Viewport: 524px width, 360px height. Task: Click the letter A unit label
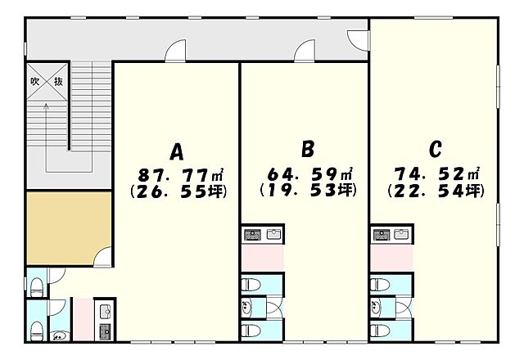coord(177,152)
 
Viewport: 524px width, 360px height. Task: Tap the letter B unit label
coord(308,149)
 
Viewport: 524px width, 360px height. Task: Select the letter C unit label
coord(435,149)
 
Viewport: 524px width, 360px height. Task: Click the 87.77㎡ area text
coord(181,174)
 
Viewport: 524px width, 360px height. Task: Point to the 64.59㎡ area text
coord(310,173)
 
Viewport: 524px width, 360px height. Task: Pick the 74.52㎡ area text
coord(437,173)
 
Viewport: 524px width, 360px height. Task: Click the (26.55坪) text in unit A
coord(178,192)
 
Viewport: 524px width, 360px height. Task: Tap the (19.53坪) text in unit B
coord(308,191)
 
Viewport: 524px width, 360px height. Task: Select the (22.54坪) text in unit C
coord(436,191)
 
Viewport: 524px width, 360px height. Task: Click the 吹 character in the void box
coord(35,81)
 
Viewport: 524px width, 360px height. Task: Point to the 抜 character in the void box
coord(58,81)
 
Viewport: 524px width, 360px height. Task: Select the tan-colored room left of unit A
coord(69,228)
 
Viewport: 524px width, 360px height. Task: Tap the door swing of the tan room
coord(103,257)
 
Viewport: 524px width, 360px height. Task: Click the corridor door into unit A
coord(176,51)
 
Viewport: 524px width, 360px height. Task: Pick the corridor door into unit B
coord(305,51)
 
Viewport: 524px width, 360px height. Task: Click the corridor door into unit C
coord(359,40)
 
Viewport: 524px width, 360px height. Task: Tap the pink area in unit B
coord(262,259)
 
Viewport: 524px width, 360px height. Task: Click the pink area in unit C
coord(391,259)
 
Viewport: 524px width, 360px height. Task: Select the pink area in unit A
coord(83,319)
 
